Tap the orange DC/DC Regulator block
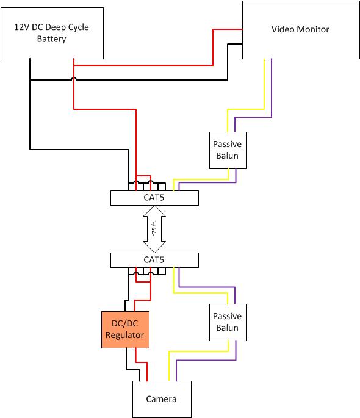point(125,330)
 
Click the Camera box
point(162,399)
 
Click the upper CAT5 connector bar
point(154,198)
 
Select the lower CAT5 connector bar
point(154,260)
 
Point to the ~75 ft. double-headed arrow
point(154,229)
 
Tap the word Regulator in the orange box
point(125,335)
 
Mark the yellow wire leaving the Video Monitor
point(264,85)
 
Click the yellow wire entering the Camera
point(168,366)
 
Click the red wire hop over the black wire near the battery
point(74,79)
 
